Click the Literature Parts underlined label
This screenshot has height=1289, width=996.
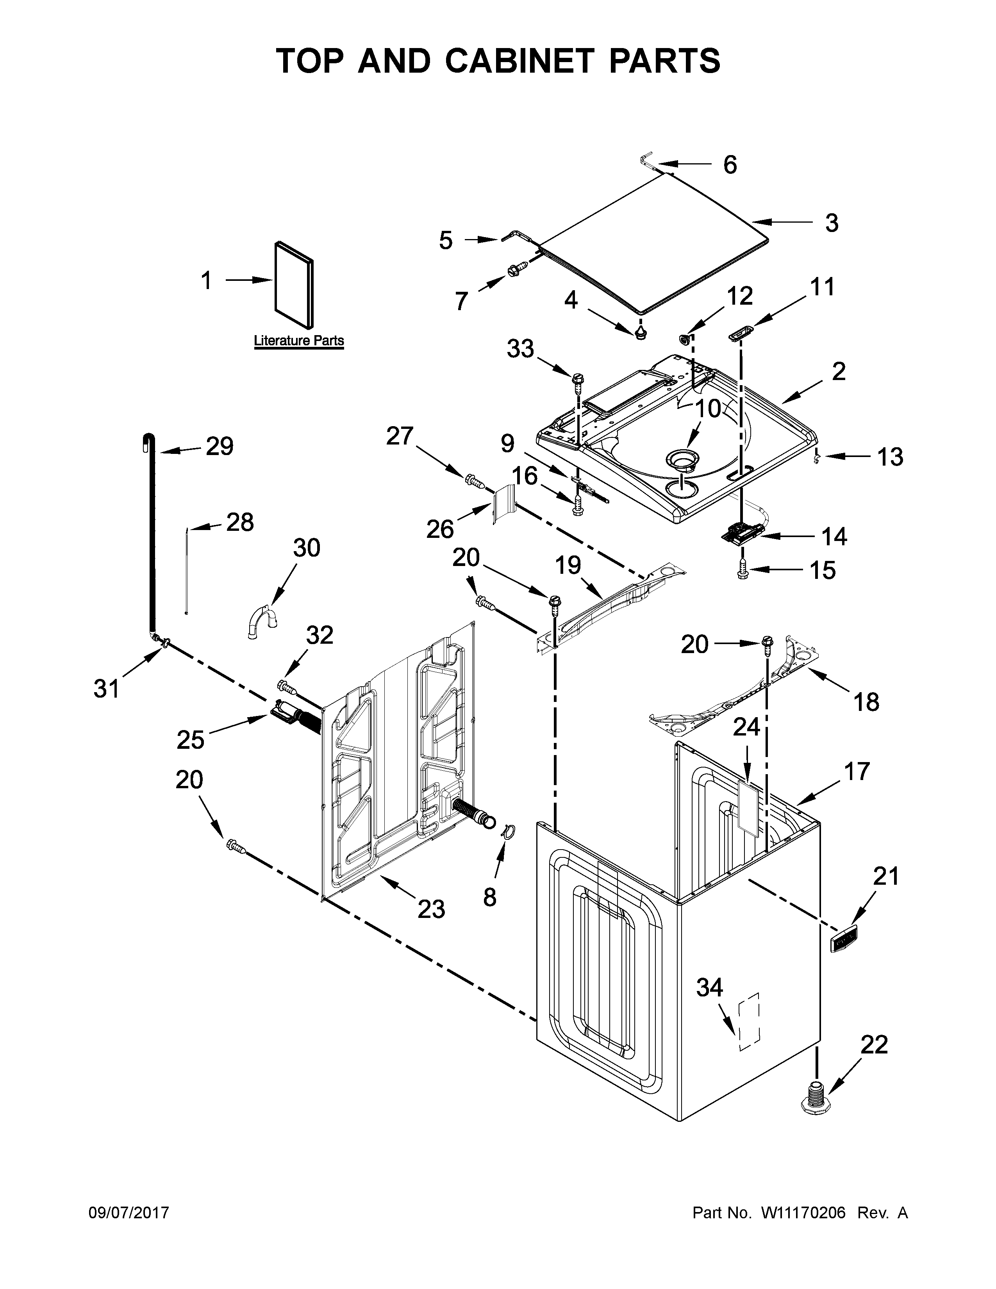coord(298,341)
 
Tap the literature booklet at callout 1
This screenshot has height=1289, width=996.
coord(294,284)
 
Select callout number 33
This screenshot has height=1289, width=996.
coord(520,349)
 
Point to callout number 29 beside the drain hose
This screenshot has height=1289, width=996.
coord(220,446)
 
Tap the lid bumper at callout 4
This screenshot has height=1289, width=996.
coord(641,334)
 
